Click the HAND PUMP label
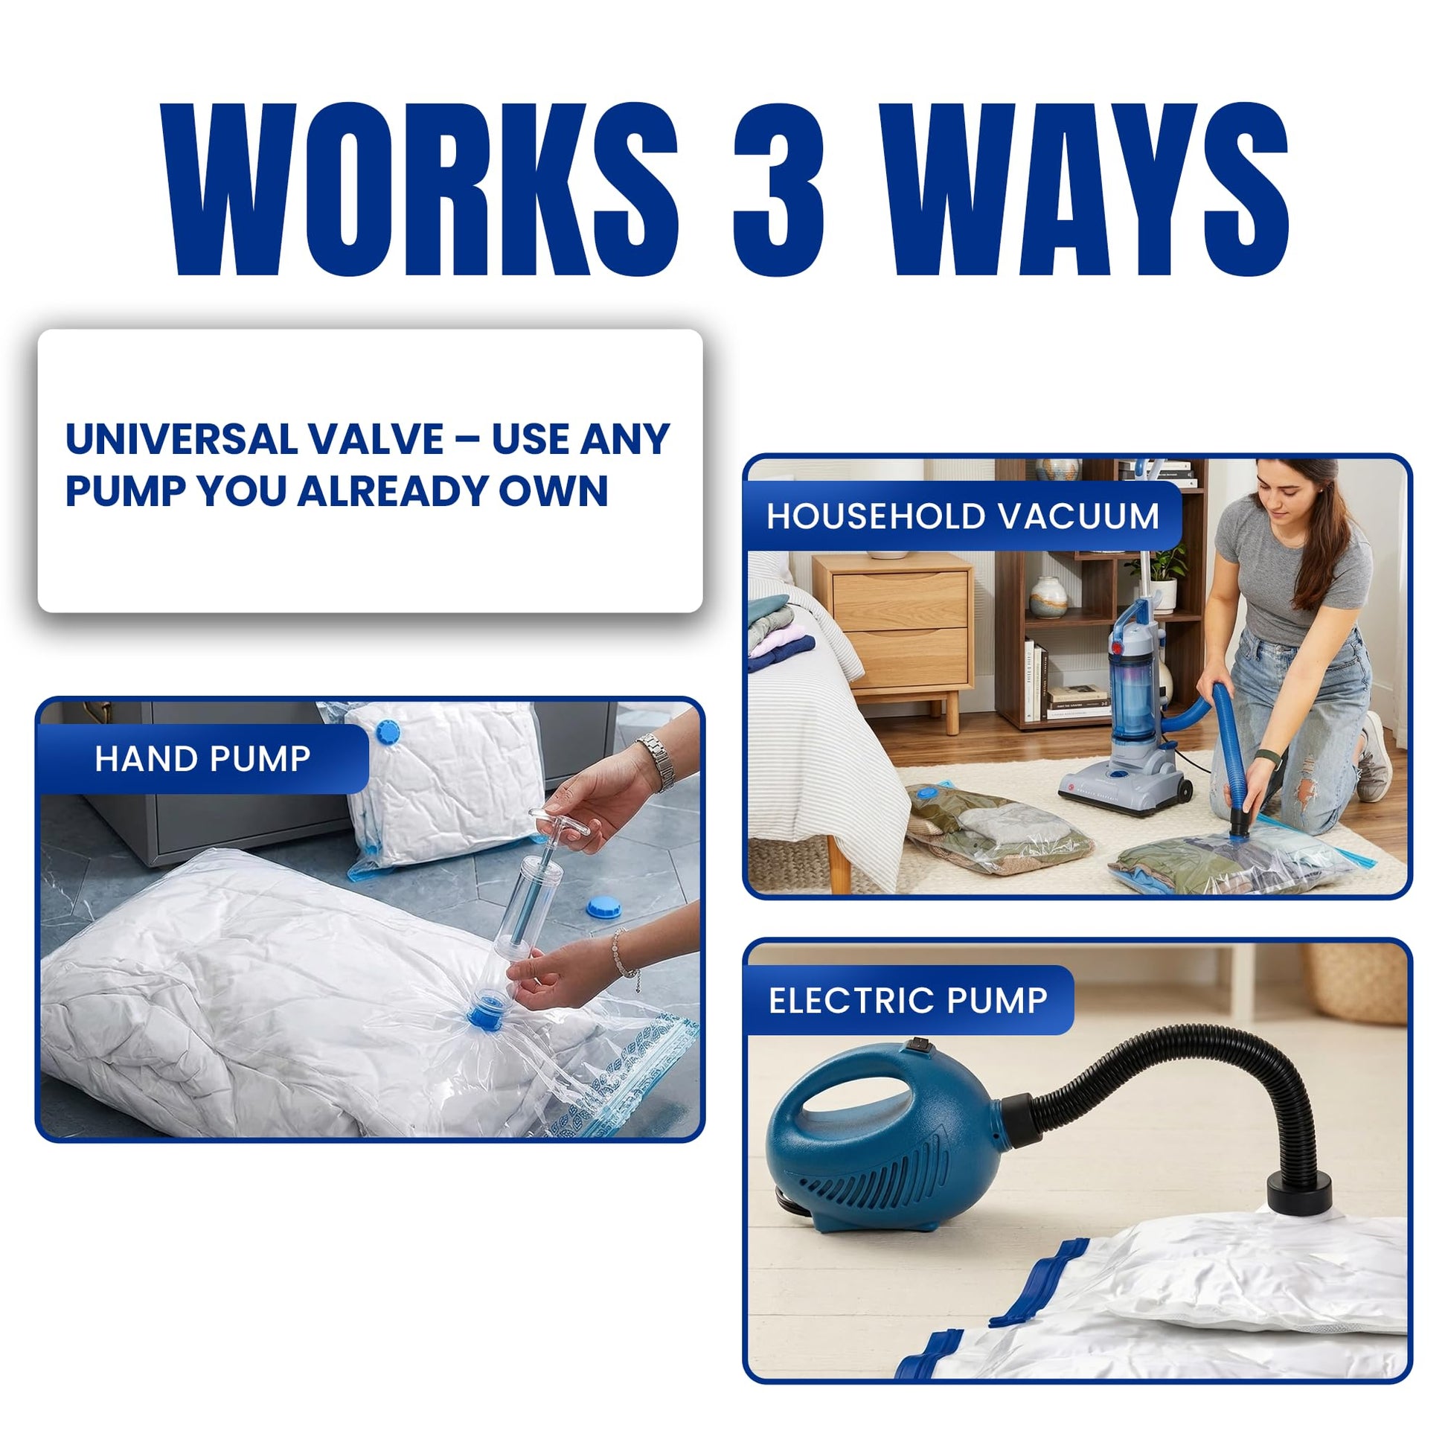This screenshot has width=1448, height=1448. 202,759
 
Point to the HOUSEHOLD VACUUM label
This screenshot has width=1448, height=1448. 963,516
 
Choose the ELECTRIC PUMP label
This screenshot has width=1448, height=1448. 909,1001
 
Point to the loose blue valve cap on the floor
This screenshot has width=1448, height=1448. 604,908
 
